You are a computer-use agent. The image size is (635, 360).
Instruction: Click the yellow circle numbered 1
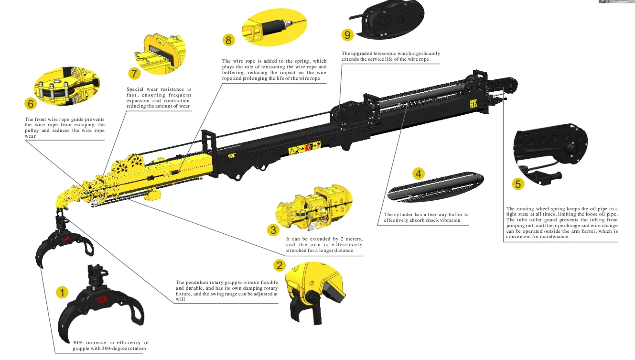(62, 292)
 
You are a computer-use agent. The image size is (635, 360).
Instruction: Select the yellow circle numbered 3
(273, 230)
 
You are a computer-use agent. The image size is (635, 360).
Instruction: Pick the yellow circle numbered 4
(419, 174)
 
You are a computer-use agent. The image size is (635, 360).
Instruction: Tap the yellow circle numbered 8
(228, 40)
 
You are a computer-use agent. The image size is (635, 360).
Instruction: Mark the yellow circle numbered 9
(347, 34)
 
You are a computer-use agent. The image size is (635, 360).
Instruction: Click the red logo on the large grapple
(102, 300)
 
